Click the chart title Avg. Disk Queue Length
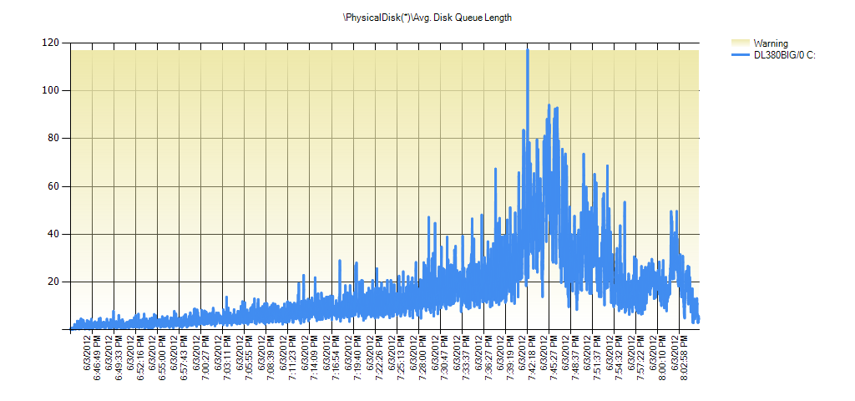427,18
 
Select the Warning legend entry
770,43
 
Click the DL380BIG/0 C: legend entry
784,55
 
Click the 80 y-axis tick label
53,138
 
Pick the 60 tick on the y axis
53,186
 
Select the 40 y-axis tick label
53,234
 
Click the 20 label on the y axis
53,282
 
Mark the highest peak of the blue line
528,50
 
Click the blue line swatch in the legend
741,55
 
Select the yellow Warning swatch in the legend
741,43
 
